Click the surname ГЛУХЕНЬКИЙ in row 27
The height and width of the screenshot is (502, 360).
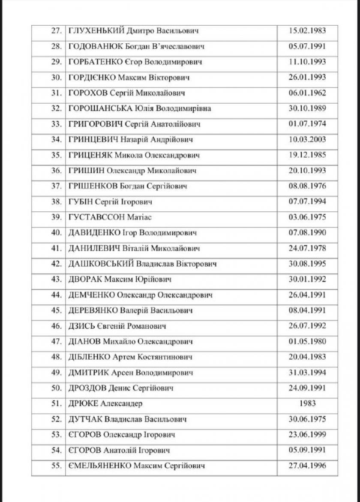(96, 31)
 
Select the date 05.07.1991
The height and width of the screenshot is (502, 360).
(307, 46)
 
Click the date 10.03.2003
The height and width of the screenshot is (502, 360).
(307, 139)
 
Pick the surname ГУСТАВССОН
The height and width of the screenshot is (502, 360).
(96, 217)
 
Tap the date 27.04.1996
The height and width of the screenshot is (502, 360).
(307, 466)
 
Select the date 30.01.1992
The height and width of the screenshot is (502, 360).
(307, 280)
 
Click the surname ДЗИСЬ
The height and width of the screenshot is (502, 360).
(81, 326)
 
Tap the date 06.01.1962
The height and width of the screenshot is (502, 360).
(307, 93)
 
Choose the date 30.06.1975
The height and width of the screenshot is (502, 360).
(307, 419)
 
